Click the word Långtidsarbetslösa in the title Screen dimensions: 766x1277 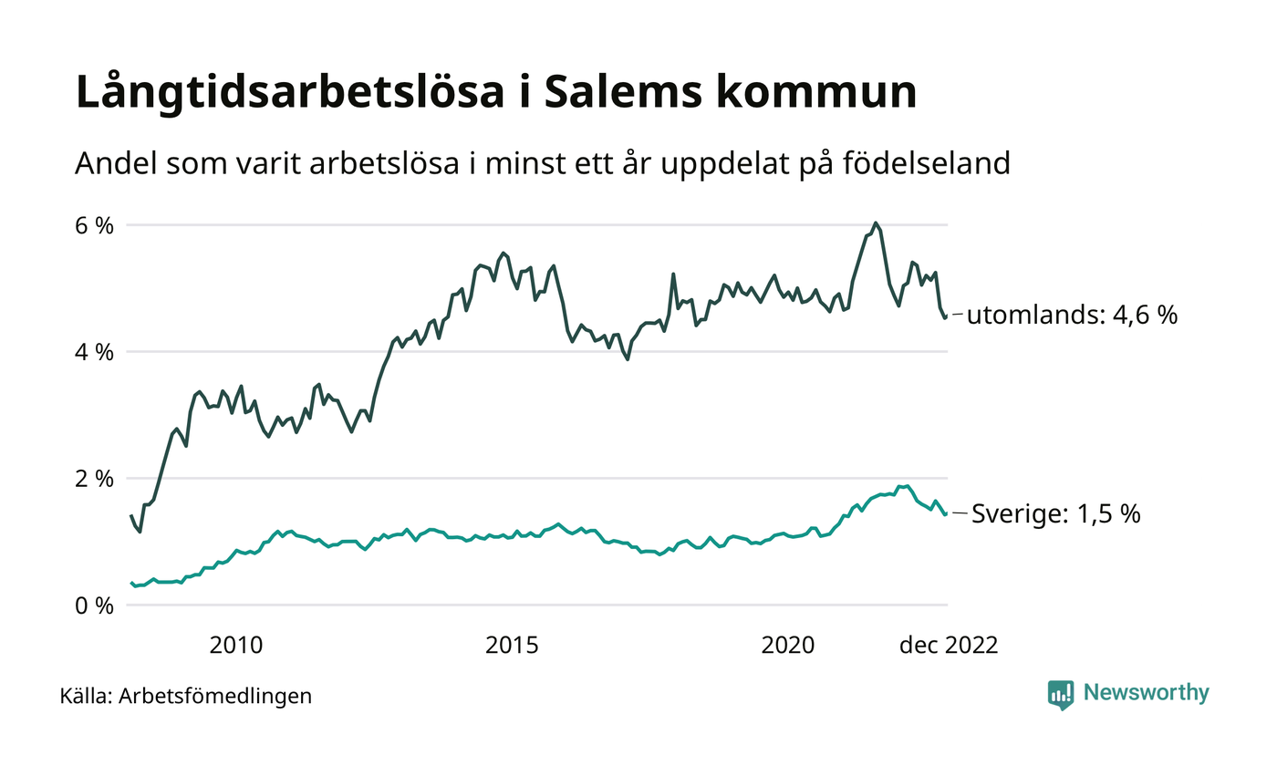coord(282,95)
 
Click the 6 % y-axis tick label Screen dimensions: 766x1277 coord(94,225)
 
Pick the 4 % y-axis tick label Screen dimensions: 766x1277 coord(94,352)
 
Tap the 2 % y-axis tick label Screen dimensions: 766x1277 coord(94,479)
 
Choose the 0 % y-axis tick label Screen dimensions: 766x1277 coord(94,606)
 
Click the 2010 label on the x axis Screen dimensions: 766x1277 coord(236,646)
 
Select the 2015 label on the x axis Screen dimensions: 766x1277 coord(512,646)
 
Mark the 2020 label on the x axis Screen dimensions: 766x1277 coord(787,646)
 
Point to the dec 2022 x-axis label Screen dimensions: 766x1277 coord(949,646)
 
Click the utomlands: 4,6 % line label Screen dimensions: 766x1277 coord(1072,316)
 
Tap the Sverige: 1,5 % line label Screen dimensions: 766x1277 coord(1055,514)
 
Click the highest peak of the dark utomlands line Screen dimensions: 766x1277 coord(876,223)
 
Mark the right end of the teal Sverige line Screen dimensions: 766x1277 coord(944,513)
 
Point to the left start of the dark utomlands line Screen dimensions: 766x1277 coord(131,516)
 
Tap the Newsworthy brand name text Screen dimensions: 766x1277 coord(1146,693)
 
